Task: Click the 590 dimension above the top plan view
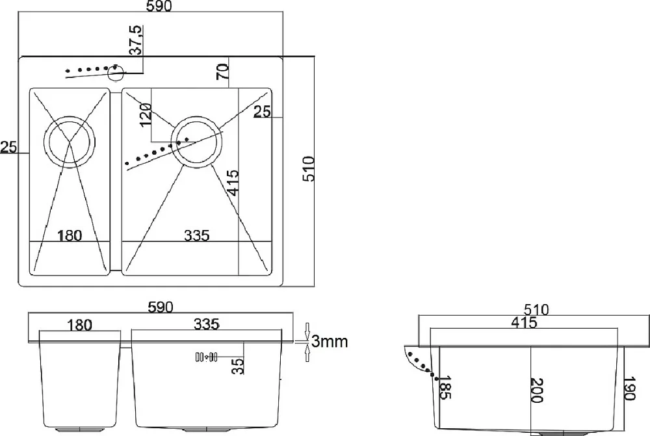pyautogui.click(x=159, y=6)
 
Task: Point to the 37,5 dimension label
pyautogui.click(x=136, y=40)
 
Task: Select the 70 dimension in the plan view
pyautogui.click(x=222, y=71)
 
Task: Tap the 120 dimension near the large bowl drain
pyautogui.click(x=146, y=115)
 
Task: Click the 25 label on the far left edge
pyautogui.click(x=8, y=147)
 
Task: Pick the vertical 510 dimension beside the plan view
pyautogui.click(x=309, y=169)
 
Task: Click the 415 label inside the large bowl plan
pyautogui.click(x=233, y=183)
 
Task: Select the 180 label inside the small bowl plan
pyautogui.click(x=70, y=235)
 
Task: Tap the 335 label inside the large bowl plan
pyautogui.click(x=197, y=235)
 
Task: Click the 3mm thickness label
pyautogui.click(x=330, y=342)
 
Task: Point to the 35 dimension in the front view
pyautogui.click(x=238, y=366)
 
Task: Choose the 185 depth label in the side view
pyautogui.click(x=445, y=388)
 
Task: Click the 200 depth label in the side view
pyautogui.click(x=536, y=390)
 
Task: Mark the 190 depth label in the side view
pyautogui.click(x=629, y=389)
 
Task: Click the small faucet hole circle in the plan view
pyautogui.click(x=116, y=73)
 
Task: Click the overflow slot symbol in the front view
pyautogui.click(x=206, y=357)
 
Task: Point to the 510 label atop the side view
pyautogui.click(x=536, y=309)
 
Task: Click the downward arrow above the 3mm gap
pyautogui.click(x=307, y=331)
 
